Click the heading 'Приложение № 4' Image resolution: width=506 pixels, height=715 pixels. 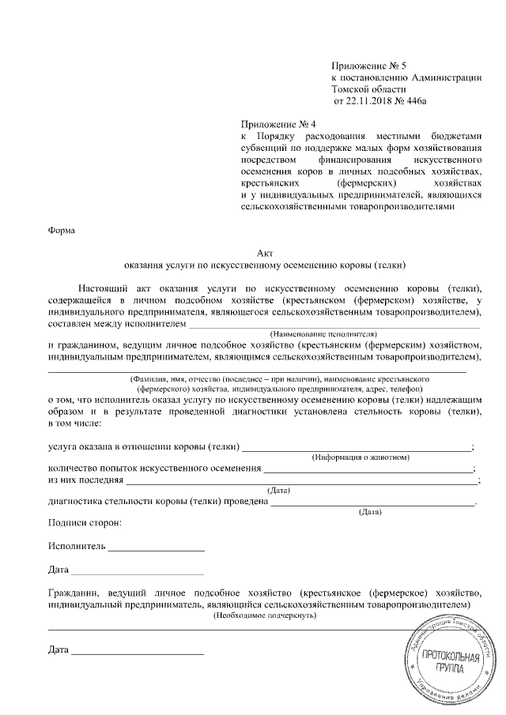click(278, 125)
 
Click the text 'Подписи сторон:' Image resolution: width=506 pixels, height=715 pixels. click(85, 523)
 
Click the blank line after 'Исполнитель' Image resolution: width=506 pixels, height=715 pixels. click(157, 547)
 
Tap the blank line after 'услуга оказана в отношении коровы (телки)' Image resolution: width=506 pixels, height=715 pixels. click(356, 448)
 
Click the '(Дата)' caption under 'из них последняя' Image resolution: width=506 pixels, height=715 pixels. click(279, 491)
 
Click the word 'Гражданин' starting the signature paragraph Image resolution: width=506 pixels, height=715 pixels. click(76, 593)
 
